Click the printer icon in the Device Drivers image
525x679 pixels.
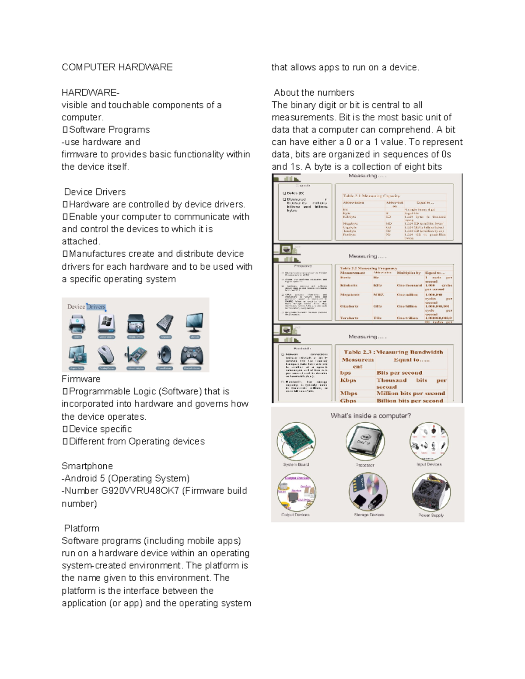(77, 324)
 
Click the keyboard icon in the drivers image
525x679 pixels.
(165, 324)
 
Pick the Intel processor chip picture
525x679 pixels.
(365, 441)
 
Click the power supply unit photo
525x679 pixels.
(430, 492)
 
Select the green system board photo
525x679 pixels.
(296, 441)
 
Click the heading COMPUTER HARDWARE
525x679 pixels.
(117, 67)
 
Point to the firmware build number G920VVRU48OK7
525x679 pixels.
(140, 491)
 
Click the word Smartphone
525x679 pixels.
(87, 466)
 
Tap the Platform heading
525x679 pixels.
(81, 528)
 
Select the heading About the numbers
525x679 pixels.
(314, 93)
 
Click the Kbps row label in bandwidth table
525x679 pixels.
(348, 380)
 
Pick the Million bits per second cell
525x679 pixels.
(410, 393)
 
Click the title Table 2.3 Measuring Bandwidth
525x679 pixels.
(393, 352)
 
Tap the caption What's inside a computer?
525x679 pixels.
(371, 416)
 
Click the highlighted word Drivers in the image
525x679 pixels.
(96, 307)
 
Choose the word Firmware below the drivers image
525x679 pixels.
(81, 379)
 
